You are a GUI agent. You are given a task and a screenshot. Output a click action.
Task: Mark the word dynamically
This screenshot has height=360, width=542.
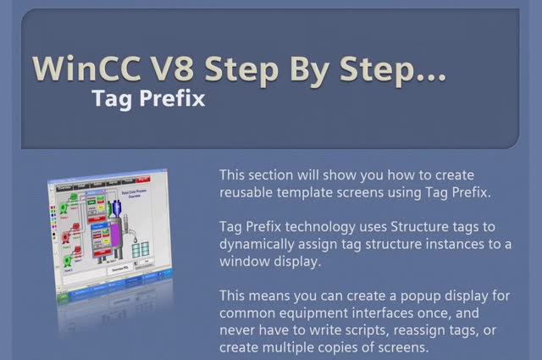point(260,245)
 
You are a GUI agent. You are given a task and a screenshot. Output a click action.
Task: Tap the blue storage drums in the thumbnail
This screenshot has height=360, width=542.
point(140,251)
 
